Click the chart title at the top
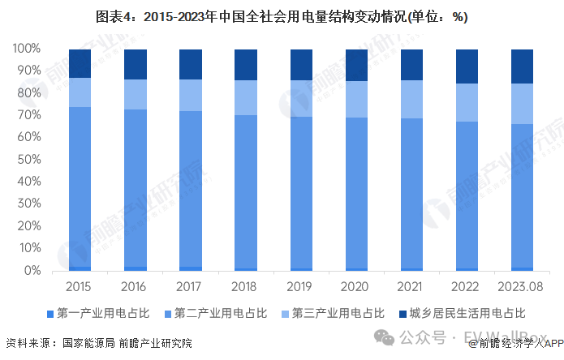(282, 16)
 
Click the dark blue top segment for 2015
(80, 63)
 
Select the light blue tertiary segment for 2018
(245, 97)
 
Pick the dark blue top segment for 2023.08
(522, 66)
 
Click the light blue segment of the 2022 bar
(467, 102)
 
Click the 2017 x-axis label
(190, 287)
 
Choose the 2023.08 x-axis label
(522, 287)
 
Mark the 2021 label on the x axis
(411, 287)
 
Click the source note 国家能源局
(88, 343)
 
